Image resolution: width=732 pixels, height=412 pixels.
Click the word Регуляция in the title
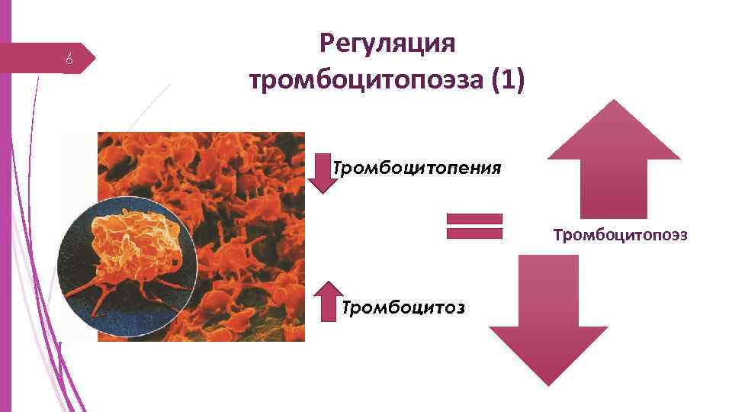[387, 44]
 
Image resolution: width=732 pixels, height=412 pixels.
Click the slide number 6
[69, 60]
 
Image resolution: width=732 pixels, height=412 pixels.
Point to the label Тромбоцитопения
[417, 168]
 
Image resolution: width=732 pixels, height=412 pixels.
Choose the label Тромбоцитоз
[404, 307]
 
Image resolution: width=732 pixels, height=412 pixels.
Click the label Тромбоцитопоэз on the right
[620, 235]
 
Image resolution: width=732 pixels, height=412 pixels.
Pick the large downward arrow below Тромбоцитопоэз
[547, 320]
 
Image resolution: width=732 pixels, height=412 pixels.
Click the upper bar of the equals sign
[474, 219]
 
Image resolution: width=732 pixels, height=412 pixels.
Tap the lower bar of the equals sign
[474, 233]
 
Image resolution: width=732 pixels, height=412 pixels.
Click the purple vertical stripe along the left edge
[5, 206]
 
